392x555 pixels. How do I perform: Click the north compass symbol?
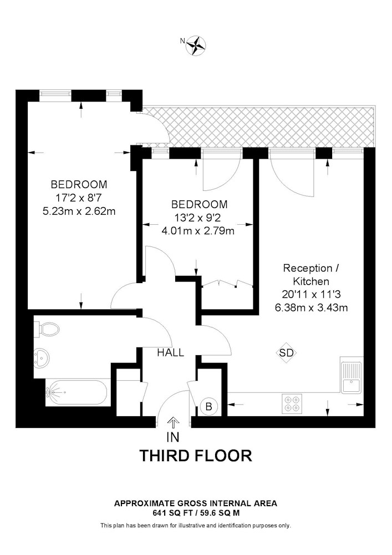196,46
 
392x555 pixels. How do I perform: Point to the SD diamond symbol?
286,353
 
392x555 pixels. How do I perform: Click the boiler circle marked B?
208,406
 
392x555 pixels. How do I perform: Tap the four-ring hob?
292,403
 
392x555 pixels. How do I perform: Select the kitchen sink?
352,375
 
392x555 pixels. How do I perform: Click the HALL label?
171,352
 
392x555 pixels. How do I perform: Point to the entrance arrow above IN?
173,422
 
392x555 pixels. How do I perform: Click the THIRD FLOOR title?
196,456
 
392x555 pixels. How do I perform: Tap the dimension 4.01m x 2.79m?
198,231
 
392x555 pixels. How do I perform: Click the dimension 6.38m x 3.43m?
312,307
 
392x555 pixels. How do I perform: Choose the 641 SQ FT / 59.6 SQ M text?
196,513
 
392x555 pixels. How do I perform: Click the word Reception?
308,268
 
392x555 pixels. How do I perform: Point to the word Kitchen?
311,281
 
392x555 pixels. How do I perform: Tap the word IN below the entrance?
173,437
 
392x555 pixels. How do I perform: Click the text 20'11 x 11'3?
311,295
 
